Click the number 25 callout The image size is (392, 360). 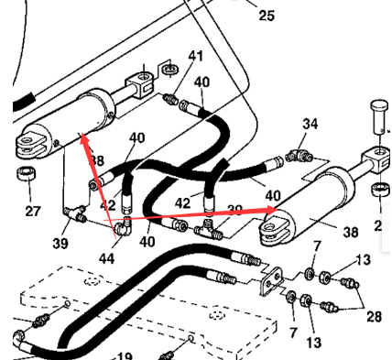(x=266, y=16)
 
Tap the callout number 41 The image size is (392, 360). (x=195, y=57)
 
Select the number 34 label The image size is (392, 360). (x=310, y=124)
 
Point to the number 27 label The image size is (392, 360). (x=33, y=212)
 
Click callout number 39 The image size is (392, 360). (x=60, y=243)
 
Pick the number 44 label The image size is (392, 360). (x=107, y=259)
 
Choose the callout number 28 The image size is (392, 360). (x=374, y=316)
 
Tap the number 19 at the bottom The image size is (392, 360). (x=124, y=356)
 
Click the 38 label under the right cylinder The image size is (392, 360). (x=350, y=233)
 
